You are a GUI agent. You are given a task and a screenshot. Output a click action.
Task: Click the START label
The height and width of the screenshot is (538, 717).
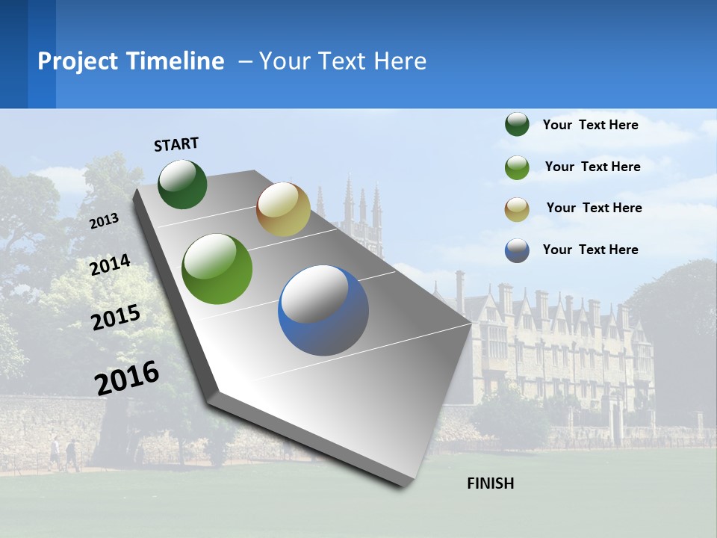176,144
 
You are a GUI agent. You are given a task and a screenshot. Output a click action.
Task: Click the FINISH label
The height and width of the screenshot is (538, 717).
491,483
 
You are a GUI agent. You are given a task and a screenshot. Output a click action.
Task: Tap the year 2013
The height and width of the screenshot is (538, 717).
105,221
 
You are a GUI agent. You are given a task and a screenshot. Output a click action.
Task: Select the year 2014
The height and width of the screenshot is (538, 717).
111,265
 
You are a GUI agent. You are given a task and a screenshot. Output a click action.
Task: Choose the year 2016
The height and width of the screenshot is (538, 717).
127,378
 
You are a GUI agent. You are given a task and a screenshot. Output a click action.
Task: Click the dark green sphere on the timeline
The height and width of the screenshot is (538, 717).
183,184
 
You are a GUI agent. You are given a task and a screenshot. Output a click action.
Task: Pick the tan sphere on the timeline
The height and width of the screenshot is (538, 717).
283,209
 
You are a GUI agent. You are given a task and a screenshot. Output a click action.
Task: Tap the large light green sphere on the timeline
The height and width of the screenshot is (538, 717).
217,269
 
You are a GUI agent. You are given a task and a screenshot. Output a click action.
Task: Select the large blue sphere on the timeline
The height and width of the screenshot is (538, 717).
323,310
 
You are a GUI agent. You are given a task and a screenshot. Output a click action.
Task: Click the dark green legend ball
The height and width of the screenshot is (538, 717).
517,125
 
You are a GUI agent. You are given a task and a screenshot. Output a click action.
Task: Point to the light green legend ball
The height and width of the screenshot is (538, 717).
517,167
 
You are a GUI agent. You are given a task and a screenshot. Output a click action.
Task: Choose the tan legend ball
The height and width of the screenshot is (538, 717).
517,209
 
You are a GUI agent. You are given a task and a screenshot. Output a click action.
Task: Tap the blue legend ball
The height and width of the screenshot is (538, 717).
517,250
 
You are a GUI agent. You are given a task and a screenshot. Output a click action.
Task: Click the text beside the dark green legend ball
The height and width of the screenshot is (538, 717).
590,125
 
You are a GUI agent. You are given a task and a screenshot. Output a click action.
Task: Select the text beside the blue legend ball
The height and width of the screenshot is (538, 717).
590,250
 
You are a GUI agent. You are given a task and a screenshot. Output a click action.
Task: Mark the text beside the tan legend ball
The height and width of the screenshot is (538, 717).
594,208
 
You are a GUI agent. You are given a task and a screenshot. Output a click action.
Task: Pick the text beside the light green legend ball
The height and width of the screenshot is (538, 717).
592,167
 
